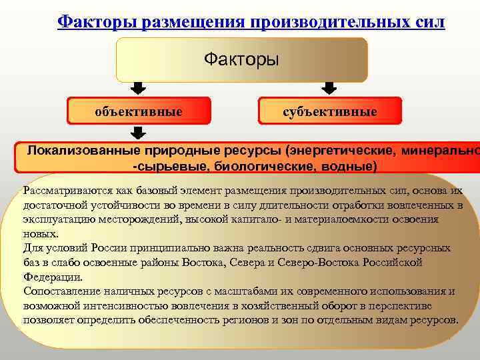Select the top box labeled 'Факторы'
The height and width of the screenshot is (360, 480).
(241, 60)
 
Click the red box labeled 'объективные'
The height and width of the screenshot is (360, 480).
(139, 111)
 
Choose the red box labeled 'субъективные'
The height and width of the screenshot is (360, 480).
(329, 111)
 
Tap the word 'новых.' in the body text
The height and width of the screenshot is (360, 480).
(40, 233)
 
